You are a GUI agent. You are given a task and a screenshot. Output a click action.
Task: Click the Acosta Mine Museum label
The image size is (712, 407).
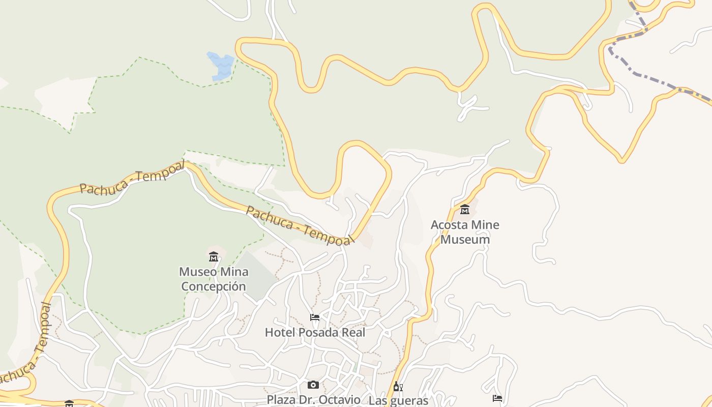[465, 232]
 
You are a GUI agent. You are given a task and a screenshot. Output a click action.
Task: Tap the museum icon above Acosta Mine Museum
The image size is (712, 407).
[465, 209]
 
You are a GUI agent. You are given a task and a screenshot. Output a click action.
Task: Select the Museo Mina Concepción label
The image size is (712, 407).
[214, 279]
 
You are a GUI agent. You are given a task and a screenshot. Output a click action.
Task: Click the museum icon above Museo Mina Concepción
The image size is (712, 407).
[214, 256]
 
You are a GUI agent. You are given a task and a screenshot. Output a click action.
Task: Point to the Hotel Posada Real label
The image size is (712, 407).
[315, 332]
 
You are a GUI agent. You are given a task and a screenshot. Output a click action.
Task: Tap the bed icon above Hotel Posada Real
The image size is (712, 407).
[315, 317]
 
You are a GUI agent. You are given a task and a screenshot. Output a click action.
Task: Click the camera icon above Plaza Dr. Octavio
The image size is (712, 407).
[313, 385]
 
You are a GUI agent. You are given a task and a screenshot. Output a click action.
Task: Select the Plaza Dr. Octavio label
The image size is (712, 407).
[313, 400]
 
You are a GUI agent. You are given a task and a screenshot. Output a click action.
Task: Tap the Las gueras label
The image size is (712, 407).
[398, 400]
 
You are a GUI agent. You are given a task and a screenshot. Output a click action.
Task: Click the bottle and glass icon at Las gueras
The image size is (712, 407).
[398, 387]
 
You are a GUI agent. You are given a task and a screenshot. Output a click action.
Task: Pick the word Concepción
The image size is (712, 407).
[214, 286]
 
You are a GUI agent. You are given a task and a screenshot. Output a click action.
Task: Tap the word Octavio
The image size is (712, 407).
[341, 400]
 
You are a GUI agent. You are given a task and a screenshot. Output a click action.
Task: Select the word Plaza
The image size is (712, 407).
[281, 400]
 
